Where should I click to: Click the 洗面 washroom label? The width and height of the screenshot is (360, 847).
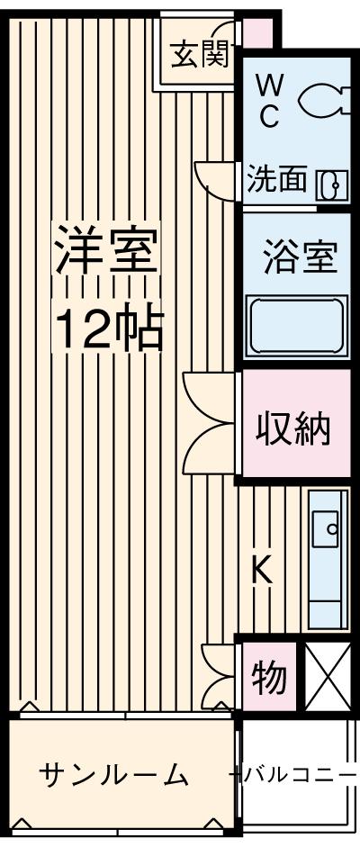[x=277, y=181]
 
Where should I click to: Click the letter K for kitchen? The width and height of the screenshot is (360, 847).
[x=261, y=569]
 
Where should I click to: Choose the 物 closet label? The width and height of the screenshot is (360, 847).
[x=268, y=677]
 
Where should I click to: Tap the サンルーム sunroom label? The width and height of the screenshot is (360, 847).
[x=114, y=774]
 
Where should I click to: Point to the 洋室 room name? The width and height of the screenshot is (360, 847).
[x=106, y=252]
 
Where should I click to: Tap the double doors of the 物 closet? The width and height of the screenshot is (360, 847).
[x=219, y=675]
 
